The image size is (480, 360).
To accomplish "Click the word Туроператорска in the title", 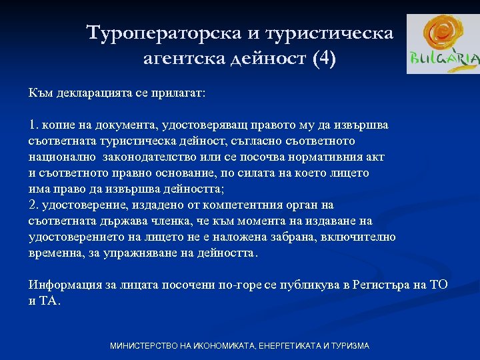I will [x=170, y=33].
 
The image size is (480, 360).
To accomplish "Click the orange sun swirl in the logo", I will [x=442, y=34].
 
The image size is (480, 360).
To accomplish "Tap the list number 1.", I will [x=35, y=125].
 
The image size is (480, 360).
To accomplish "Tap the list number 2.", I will [x=34, y=205].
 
